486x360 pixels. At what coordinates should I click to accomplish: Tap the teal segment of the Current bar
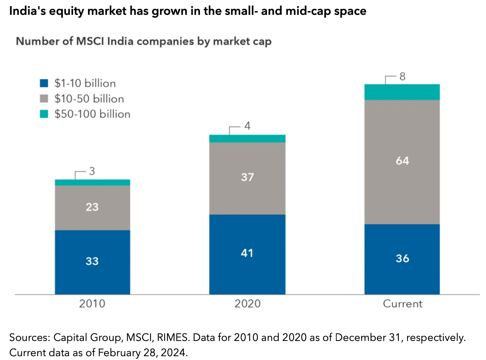402,92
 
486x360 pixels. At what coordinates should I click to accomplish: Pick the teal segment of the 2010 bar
93,183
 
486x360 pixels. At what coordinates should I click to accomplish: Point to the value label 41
247,253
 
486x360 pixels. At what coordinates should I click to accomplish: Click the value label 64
402,161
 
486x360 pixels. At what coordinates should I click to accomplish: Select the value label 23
93,207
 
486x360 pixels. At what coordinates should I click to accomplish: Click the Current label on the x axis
403,304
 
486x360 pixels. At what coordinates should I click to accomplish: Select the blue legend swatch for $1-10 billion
44,83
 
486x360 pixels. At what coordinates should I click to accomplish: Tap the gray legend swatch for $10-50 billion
44,99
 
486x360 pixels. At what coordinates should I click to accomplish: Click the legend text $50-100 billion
92,114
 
